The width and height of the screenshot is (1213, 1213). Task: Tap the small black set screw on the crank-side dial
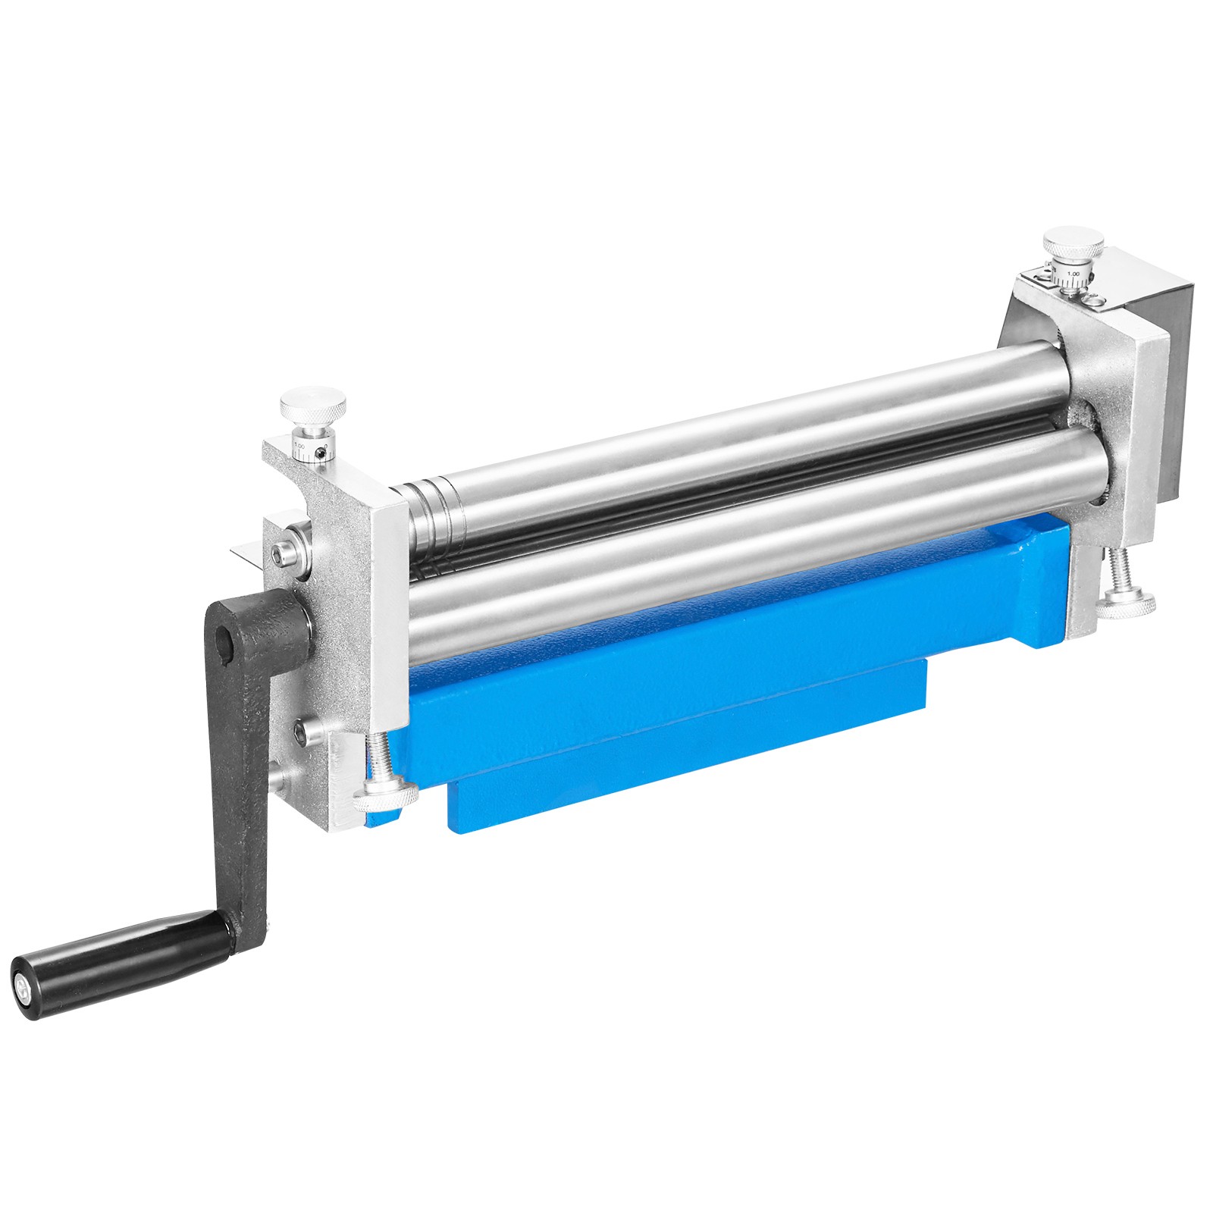(324, 453)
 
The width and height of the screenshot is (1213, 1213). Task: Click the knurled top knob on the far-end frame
(1073, 246)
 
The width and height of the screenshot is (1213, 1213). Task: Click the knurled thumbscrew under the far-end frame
(1126, 604)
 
